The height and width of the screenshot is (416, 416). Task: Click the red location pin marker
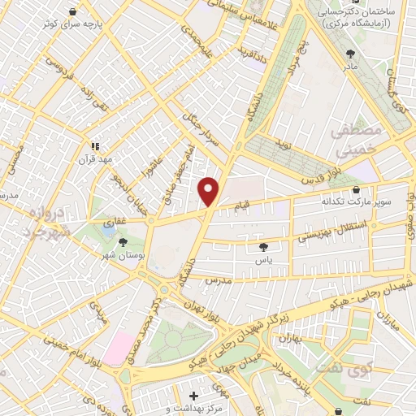pyautogui.click(x=209, y=191)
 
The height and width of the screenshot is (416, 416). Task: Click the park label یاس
pyautogui.click(x=262, y=258)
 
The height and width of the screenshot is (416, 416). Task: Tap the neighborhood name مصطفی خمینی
pyautogui.click(x=353, y=140)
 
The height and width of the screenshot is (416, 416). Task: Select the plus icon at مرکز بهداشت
pyautogui.click(x=193, y=396)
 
